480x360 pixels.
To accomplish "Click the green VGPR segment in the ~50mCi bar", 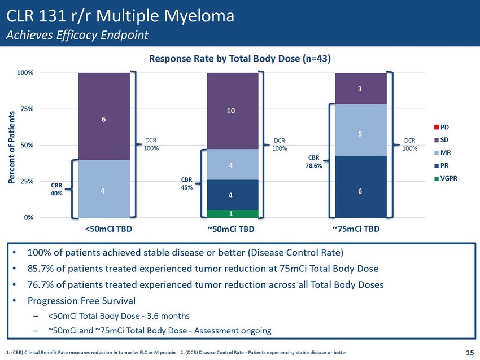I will [x=232, y=213].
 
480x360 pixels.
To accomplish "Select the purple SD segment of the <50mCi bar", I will [x=104, y=116].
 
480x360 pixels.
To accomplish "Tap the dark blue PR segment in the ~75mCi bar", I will [x=360, y=187].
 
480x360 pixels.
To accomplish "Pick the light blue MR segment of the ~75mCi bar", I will [x=360, y=130].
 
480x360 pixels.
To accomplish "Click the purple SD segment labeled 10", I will [x=232, y=111].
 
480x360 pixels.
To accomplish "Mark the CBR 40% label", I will [x=56, y=188].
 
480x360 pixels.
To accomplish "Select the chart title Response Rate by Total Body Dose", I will [x=239, y=59].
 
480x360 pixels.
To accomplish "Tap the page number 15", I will [x=469, y=353].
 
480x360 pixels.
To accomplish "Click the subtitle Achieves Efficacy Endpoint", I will [x=77, y=35].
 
